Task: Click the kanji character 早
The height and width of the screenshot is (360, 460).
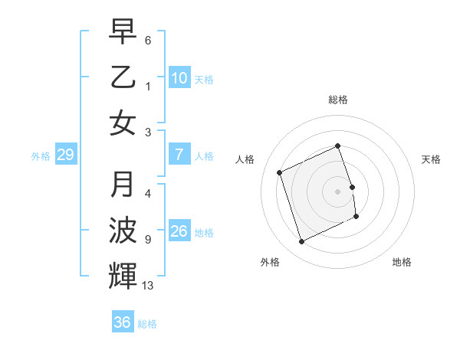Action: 123,31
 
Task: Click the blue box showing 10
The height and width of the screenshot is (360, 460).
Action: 179,78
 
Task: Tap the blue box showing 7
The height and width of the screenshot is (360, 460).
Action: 179,155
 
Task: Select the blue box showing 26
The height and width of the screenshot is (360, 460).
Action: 179,231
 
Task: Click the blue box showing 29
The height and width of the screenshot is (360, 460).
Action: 65,155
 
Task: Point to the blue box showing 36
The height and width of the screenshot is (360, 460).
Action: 123,322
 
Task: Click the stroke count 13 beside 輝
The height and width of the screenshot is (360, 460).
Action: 148,286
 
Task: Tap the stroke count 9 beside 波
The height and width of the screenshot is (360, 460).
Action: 148,240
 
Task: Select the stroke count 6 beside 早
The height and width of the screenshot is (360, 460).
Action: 148,40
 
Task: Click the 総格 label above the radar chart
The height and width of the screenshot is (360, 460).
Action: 338,100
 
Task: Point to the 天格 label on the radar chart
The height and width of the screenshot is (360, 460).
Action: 432,159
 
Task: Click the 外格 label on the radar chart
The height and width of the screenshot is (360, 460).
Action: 270,262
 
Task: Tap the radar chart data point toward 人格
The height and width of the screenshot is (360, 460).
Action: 280,172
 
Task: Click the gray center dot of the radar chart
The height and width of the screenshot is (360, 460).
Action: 338,191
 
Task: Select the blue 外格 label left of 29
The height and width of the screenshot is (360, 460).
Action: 41,156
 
